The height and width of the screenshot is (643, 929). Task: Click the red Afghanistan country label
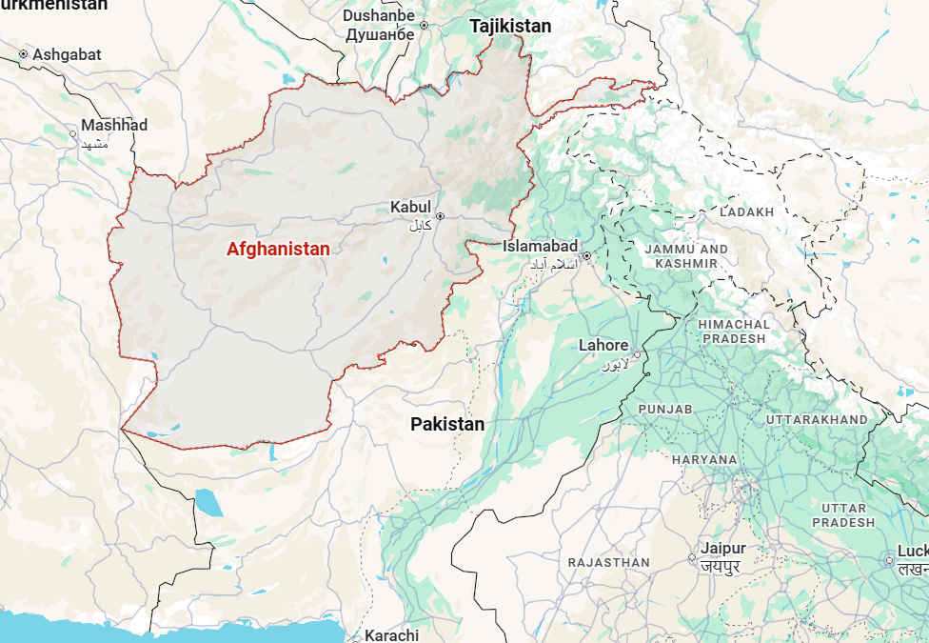(x=278, y=250)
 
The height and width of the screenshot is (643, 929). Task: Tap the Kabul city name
(x=410, y=208)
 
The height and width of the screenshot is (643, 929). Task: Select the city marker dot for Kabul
(x=440, y=216)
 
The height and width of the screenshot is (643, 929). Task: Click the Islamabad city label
(x=541, y=247)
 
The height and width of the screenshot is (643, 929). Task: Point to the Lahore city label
(x=603, y=346)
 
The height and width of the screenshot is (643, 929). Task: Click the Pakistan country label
(x=447, y=425)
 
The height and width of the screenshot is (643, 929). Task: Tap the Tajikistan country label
(x=510, y=27)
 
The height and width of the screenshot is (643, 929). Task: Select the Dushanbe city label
(x=379, y=16)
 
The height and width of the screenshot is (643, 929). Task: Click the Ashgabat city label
(x=67, y=55)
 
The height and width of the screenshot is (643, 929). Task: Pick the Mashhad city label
(x=114, y=126)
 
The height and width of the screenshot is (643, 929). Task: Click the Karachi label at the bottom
(x=391, y=635)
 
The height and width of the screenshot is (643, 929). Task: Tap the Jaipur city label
(x=722, y=549)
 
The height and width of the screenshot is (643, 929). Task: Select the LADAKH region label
(x=747, y=212)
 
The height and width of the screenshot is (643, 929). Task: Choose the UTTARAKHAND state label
(x=817, y=419)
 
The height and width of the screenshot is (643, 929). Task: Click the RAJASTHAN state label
(x=608, y=563)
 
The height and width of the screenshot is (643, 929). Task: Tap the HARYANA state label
(x=704, y=459)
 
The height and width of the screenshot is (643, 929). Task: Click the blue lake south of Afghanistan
(x=208, y=502)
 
